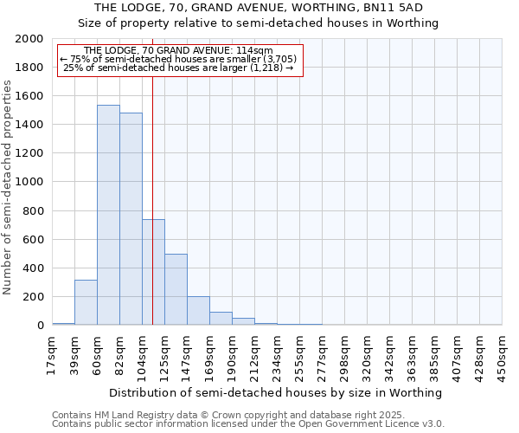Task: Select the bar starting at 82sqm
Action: (x=131, y=219)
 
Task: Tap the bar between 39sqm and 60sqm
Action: (x=86, y=302)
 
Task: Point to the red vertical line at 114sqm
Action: (x=152, y=199)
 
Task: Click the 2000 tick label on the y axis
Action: (x=29, y=39)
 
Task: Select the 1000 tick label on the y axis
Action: (x=29, y=183)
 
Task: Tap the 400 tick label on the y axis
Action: (x=33, y=268)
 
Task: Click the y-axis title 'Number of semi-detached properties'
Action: (x=9, y=187)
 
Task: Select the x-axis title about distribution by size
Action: (x=277, y=392)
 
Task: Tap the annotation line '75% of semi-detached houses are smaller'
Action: (x=178, y=59)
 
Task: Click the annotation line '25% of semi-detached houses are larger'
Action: (x=179, y=68)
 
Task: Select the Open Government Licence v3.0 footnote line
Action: (x=248, y=423)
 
